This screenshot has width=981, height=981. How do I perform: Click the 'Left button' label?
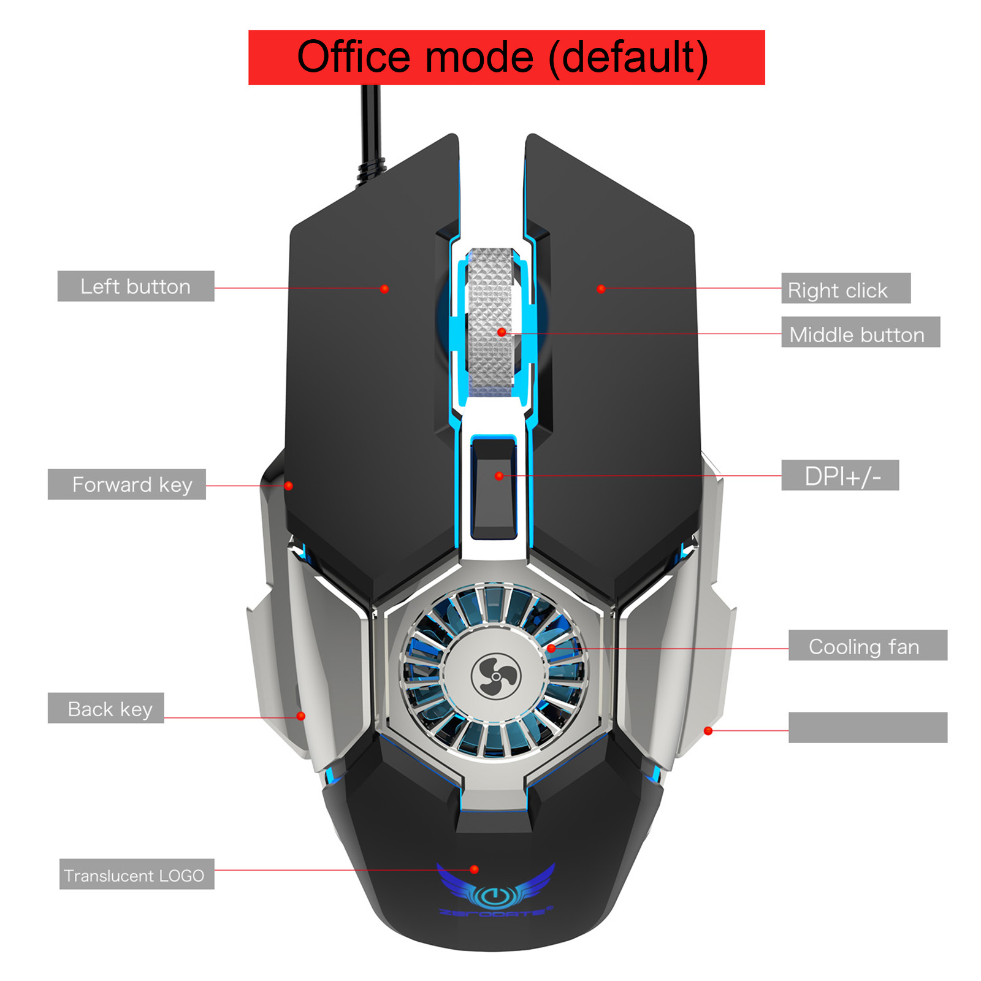click(x=136, y=286)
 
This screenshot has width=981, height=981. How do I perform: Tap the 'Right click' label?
click(x=845, y=288)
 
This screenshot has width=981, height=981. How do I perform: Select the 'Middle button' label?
click(x=860, y=332)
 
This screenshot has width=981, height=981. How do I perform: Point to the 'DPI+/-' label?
click(x=840, y=475)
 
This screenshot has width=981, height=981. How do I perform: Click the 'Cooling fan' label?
click(x=868, y=645)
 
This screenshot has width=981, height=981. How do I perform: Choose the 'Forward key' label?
click(x=127, y=484)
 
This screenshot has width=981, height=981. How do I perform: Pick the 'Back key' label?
click(x=106, y=708)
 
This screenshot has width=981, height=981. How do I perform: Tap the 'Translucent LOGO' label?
click(x=137, y=874)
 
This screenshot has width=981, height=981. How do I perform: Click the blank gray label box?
click(x=868, y=728)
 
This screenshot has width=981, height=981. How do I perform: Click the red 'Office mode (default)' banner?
click(x=506, y=58)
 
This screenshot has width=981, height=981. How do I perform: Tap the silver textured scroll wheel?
click(x=490, y=322)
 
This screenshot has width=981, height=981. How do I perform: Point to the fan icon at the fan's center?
click(x=495, y=676)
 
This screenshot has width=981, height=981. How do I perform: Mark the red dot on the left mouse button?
click(x=384, y=289)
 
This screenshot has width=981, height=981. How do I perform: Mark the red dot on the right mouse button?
click(x=601, y=289)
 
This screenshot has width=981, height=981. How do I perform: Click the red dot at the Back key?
click(x=300, y=716)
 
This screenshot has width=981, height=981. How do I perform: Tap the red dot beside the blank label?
click(x=708, y=731)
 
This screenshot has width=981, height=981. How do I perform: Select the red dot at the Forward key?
click(x=288, y=486)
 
